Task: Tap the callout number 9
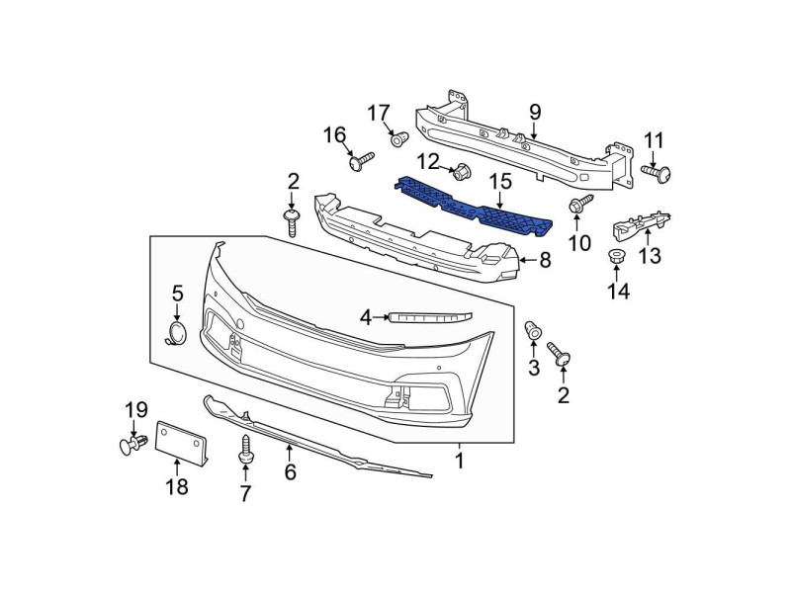(x=535, y=112)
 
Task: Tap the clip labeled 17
(x=397, y=140)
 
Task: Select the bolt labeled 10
(x=578, y=205)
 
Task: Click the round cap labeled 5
(x=176, y=333)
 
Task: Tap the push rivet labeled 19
(x=132, y=446)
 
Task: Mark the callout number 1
(x=460, y=460)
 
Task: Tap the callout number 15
(x=501, y=181)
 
